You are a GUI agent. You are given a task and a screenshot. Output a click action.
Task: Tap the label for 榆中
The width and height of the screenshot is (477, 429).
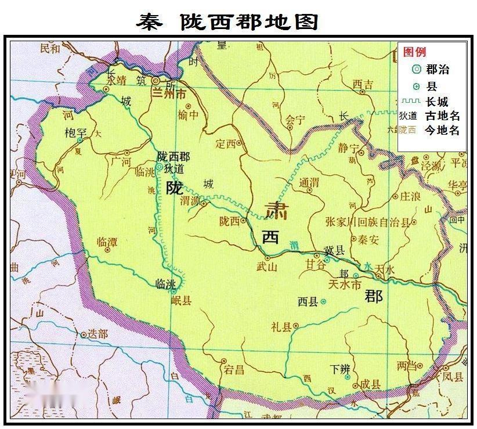[x=189, y=114]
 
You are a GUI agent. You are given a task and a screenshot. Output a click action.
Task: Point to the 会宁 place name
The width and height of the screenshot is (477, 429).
[x=295, y=120]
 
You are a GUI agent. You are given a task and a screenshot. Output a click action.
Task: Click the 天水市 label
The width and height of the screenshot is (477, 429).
[x=345, y=284]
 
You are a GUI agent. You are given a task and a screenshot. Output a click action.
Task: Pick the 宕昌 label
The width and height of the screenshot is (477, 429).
[x=234, y=369]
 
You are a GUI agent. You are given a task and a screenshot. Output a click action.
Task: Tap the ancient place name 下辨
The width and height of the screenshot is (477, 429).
[x=340, y=369]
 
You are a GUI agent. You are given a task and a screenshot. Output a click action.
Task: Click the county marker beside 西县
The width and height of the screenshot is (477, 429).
[x=323, y=301]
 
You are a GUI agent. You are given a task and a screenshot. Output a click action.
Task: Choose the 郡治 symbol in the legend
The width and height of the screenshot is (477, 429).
[x=415, y=70]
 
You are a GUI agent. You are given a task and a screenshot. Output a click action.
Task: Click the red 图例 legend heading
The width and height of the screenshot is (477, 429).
[x=414, y=52]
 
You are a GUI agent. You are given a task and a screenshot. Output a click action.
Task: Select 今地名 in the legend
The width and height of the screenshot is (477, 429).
[x=442, y=130]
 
